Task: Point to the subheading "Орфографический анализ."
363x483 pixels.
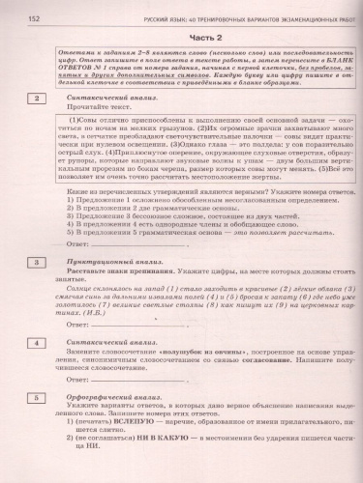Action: click(x=108, y=396)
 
